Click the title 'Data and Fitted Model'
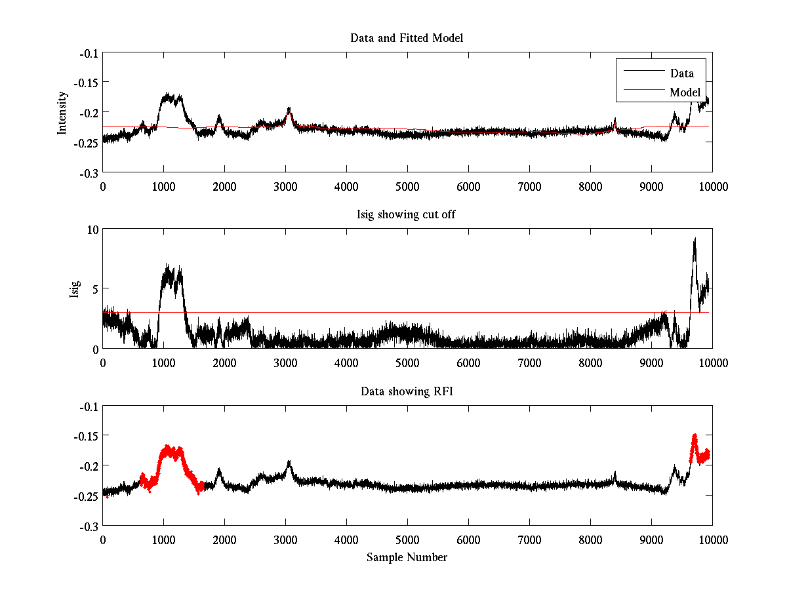click(x=407, y=38)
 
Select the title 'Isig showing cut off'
click(x=407, y=215)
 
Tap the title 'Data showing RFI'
click(x=407, y=391)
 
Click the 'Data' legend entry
click(x=681, y=73)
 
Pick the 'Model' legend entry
click(x=685, y=92)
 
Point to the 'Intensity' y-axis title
click(x=62, y=112)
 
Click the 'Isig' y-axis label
click(x=74, y=288)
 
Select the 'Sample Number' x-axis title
click(x=407, y=557)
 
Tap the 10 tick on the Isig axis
click(x=91, y=229)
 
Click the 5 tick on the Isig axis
click(x=94, y=288)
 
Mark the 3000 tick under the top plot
click(x=285, y=186)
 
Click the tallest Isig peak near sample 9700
click(x=694, y=240)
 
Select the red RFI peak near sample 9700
click(x=694, y=436)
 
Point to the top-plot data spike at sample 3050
click(x=289, y=109)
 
